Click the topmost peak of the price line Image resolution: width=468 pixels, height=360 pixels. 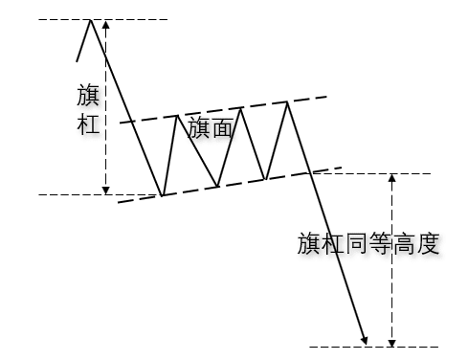click(91, 20)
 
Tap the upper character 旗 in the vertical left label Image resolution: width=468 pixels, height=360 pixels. click(88, 97)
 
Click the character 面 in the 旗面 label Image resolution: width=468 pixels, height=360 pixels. click(222, 129)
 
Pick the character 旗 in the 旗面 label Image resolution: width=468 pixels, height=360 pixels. click(199, 129)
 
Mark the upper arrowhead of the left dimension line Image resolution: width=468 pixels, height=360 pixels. click(106, 25)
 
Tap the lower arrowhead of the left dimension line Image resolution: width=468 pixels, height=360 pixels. click(106, 189)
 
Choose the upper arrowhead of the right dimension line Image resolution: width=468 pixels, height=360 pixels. click(391, 178)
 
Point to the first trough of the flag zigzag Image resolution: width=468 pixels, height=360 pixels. click(162, 194)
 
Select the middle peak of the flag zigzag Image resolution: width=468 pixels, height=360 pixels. click(240, 108)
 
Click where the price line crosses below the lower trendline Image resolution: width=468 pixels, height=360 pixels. click(308, 172)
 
